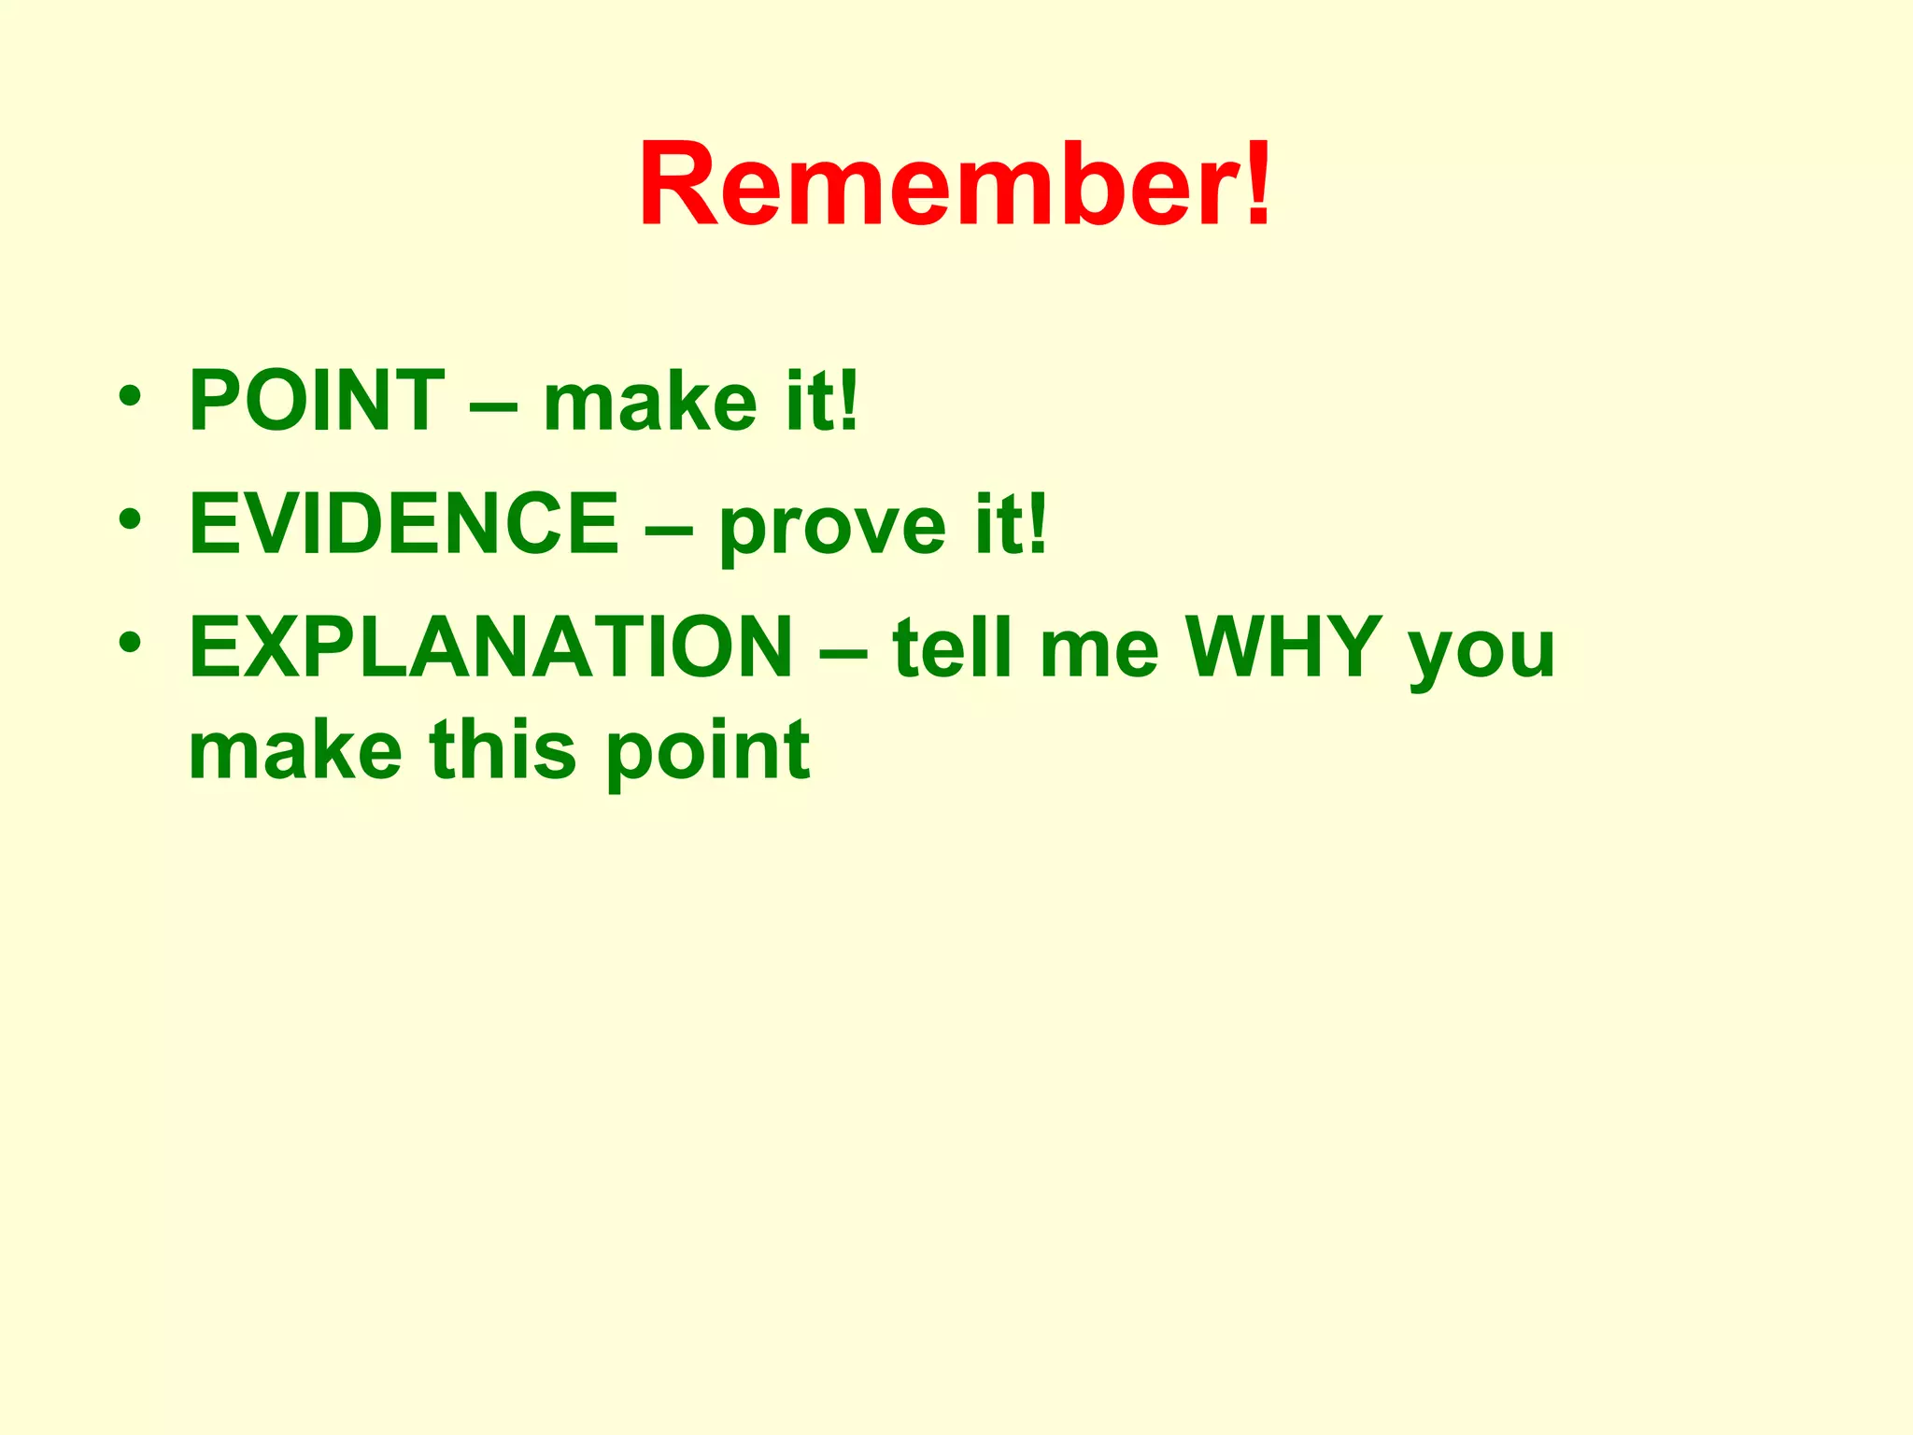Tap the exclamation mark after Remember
pyautogui.click(x=1258, y=184)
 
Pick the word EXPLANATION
pyautogui.click(x=491, y=646)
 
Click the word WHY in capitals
pyautogui.click(x=1284, y=646)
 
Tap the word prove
pyautogui.click(x=832, y=528)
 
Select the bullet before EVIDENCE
pyautogui.click(x=130, y=519)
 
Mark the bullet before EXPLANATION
pyautogui.click(x=130, y=642)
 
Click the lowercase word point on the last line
pyautogui.click(x=708, y=753)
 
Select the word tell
pyautogui.click(x=952, y=646)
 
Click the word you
pyautogui.click(x=1481, y=652)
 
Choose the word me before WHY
pyautogui.click(x=1098, y=652)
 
